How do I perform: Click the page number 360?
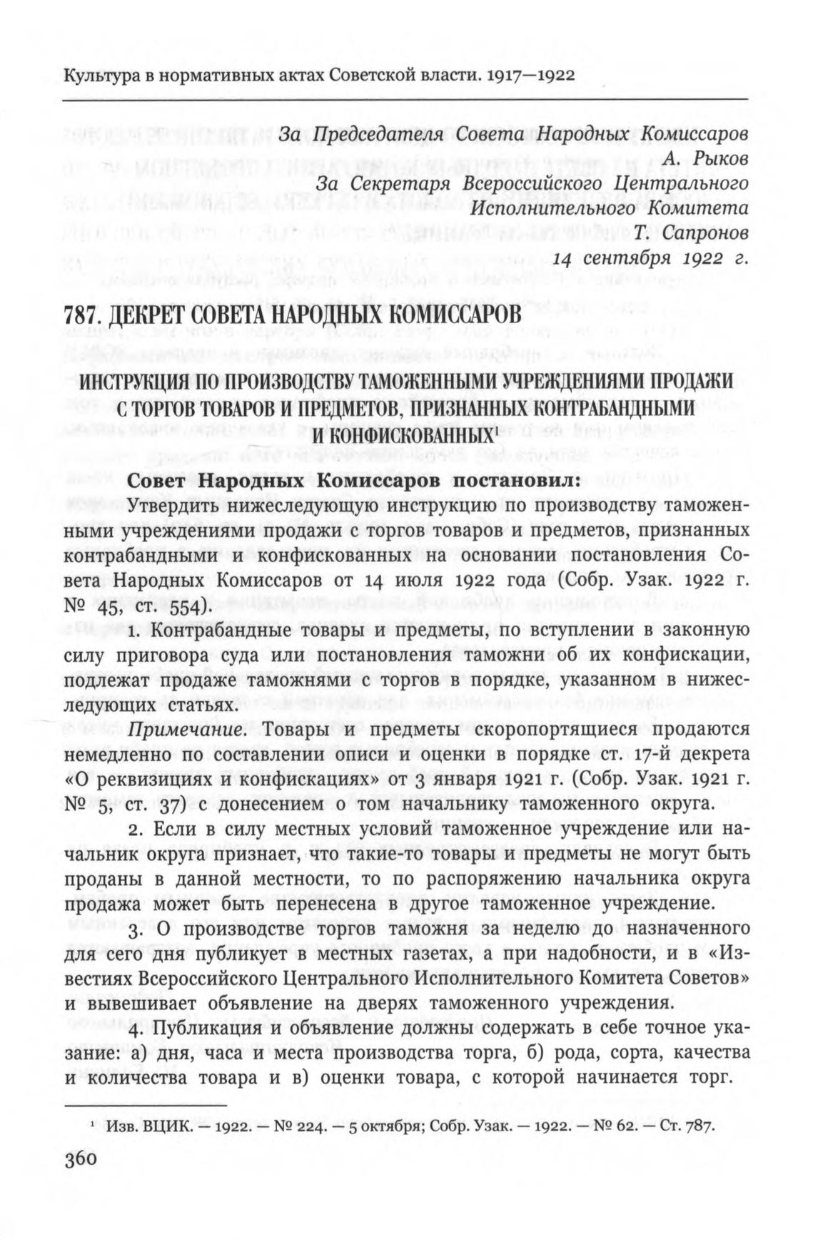[x=79, y=1160]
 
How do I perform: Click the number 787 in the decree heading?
[x=80, y=314]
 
